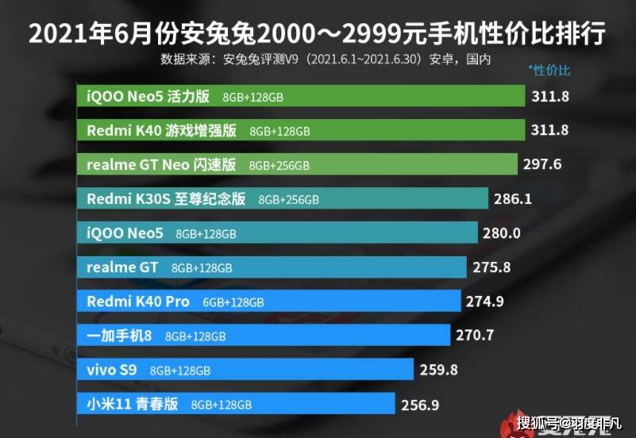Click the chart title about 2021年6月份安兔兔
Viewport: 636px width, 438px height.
coord(317,33)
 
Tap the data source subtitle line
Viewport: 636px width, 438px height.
coord(326,60)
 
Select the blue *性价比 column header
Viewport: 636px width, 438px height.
coord(549,71)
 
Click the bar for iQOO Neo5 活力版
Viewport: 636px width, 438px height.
coord(301,96)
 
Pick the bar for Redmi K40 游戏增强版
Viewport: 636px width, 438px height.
coord(301,129)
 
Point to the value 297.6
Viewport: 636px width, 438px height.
coord(542,164)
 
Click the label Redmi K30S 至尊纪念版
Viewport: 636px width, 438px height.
coord(166,199)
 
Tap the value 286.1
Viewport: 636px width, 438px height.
coord(513,198)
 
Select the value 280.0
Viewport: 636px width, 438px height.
coord(501,233)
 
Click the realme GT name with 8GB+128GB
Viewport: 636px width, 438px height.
coord(122,267)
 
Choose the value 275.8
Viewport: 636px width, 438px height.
coord(491,267)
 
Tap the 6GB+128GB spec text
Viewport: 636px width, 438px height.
coord(233,302)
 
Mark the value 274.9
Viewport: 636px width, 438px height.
coord(484,302)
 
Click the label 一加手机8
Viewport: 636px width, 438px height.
coord(119,336)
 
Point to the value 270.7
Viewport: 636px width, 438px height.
coord(475,335)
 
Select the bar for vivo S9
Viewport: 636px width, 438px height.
coord(245,369)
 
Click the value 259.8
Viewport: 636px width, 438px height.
coord(438,370)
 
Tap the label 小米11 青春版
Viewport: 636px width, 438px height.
coord(133,404)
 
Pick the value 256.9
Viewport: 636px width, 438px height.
coord(420,405)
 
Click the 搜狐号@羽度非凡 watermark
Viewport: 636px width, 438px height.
coord(569,424)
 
